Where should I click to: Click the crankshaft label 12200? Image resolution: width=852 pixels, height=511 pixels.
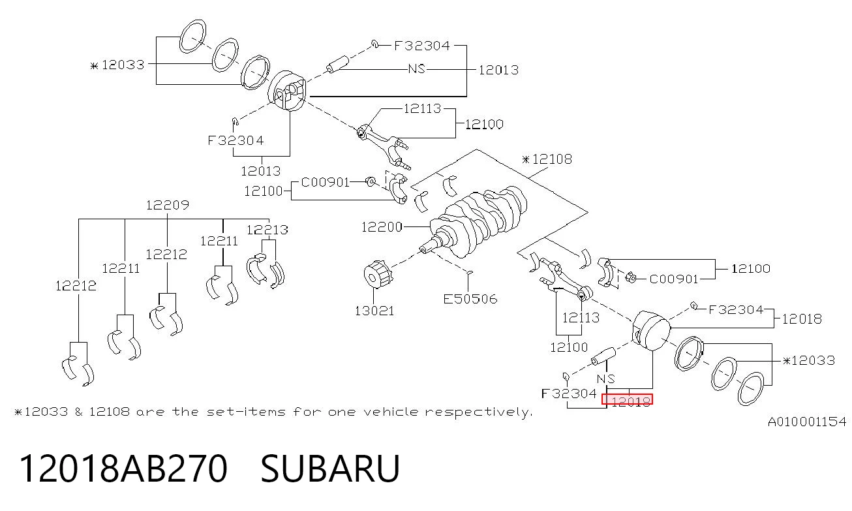(x=382, y=227)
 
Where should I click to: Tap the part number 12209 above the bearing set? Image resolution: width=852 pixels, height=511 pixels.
(x=168, y=205)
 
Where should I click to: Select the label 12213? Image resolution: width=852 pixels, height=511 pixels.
(x=267, y=230)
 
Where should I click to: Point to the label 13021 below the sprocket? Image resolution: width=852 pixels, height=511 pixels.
(x=374, y=311)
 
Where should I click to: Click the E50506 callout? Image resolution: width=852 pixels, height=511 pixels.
(x=470, y=299)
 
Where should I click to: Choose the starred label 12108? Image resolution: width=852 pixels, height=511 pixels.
(x=547, y=159)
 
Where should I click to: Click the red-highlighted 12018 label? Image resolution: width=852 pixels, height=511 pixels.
(x=627, y=399)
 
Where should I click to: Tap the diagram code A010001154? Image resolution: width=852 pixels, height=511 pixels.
(x=807, y=422)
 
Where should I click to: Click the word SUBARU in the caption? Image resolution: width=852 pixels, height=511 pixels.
(x=330, y=469)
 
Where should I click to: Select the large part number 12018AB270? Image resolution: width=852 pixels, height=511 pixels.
(x=123, y=469)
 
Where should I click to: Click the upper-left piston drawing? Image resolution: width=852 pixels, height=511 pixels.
(x=287, y=91)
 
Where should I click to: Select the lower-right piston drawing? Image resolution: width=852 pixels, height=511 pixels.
(x=651, y=331)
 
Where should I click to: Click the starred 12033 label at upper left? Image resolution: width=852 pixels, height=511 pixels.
(x=117, y=65)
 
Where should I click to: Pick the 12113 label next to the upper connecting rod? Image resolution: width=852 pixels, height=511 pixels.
(x=422, y=109)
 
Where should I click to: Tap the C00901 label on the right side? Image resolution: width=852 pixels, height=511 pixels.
(x=674, y=279)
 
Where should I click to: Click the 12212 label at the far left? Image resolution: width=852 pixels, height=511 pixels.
(x=76, y=286)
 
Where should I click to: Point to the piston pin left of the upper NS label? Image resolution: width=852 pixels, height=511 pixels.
(x=337, y=64)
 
